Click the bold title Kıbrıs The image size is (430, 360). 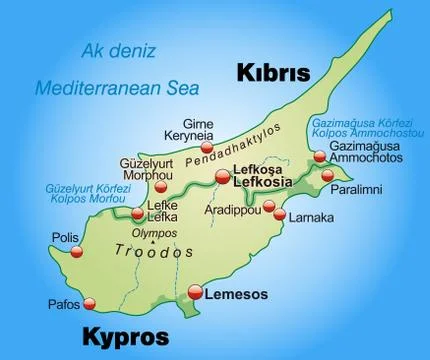[273, 72]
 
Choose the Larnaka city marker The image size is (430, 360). [281, 215]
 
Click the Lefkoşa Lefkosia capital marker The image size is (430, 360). [221, 177]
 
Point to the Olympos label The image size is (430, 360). [156, 232]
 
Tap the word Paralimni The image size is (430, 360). [367, 182]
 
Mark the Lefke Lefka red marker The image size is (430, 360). [137, 213]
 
